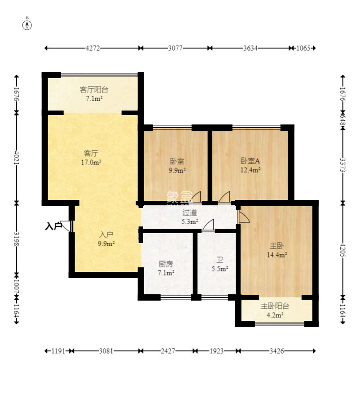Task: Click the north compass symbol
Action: click(x=27, y=25)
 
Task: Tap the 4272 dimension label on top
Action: click(x=92, y=48)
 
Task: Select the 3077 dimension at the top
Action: click(x=175, y=48)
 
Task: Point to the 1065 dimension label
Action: click(x=303, y=48)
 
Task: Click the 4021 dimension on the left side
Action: click(x=17, y=157)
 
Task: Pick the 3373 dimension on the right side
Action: click(x=342, y=165)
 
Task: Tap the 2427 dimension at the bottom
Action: click(x=168, y=351)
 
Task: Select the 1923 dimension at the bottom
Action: click(x=216, y=351)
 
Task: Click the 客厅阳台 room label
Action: click(x=94, y=89)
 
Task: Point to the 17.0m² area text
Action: click(x=91, y=162)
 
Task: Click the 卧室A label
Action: click(x=250, y=161)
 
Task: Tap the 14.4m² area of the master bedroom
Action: click(x=277, y=254)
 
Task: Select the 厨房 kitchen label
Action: click(x=166, y=264)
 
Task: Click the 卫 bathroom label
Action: click(x=220, y=260)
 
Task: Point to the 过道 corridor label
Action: click(x=190, y=213)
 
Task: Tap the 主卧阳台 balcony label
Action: click(x=275, y=306)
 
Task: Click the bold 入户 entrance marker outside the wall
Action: click(x=54, y=226)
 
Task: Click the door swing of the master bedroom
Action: click(x=244, y=217)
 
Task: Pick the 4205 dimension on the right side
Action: click(x=342, y=250)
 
